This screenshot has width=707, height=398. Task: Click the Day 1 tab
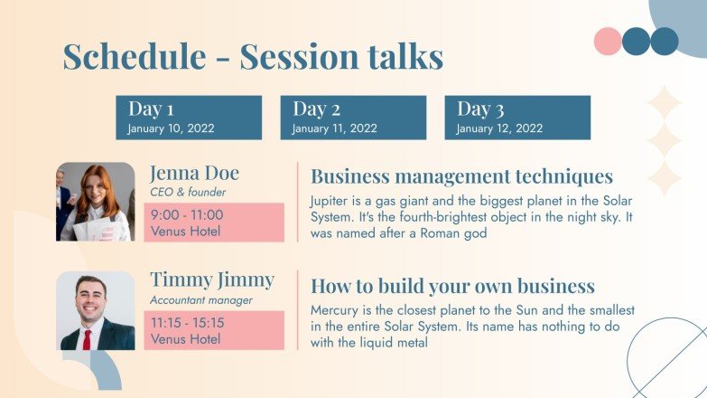pos(188,118)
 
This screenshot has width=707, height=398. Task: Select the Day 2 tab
pos(352,118)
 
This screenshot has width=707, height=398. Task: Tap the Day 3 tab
pos(516,118)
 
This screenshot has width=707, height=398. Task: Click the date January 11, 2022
pos(334,128)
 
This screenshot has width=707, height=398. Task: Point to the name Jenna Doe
pos(194,173)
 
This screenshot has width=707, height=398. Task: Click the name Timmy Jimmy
pos(211,280)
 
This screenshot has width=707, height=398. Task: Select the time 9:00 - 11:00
pos(187,215)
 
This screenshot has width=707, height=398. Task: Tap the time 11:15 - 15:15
pos(188,322)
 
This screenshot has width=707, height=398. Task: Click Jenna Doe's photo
pos(95,202)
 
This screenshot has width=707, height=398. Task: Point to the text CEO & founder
pos(188,192)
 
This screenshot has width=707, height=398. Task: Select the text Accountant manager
pos(201,299)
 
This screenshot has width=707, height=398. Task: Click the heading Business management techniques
pos(461,176)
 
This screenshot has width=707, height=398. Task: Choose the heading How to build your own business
pos(452,287)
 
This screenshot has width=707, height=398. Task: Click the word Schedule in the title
pos(134,57)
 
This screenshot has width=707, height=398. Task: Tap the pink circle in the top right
pos(608,41)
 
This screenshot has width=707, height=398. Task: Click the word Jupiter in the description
pos(330,200)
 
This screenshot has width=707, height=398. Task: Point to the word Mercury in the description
pos(335,309)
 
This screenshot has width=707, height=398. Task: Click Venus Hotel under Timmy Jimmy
pos(185,339)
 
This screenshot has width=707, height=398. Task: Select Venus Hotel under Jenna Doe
pos(185,232)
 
